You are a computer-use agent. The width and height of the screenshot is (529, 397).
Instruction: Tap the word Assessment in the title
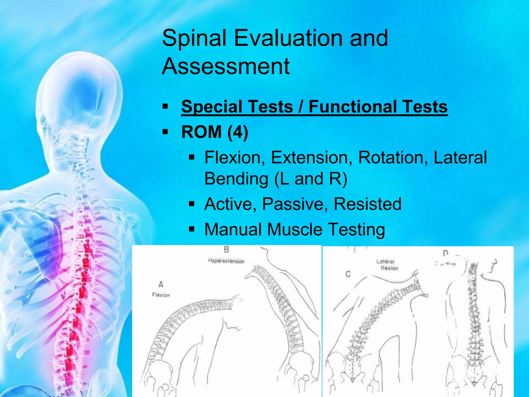click(x=226, y=67)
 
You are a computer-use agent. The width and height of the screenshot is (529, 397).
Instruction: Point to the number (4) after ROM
click(x=238, y=132)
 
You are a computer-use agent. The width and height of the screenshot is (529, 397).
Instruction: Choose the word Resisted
click(x=368, y=204)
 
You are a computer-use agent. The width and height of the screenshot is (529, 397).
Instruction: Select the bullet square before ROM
click(x=165, y=132)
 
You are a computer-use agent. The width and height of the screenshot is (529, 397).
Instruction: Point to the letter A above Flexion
click(x=161, y=285)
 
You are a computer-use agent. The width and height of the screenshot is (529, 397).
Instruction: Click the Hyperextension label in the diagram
click(x=226, y=261)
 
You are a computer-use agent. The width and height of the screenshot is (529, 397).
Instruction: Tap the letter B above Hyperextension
click(x=226, y=249)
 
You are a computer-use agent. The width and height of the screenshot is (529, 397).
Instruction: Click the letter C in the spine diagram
click(x=348, y=274)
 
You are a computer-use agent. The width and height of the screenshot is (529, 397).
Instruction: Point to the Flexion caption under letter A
click(x=161, y=295)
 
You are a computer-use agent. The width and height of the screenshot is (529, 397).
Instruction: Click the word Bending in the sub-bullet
click(x=236, y=179)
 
